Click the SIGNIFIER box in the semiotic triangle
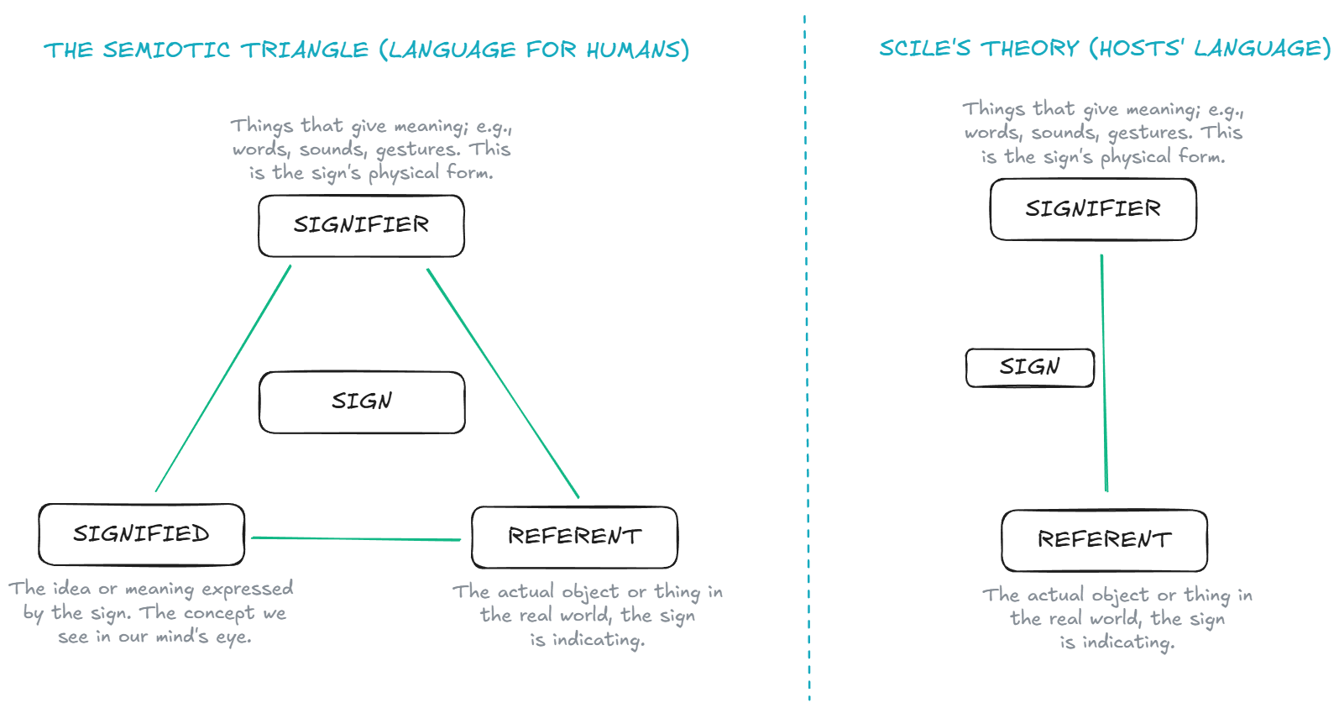(x=361, y=225)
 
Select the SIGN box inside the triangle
(x=361, y=401)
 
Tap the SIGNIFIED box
(x=141, y=534)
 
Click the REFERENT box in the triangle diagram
(x=574, y=537)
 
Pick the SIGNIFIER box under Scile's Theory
(x=1093, y=209)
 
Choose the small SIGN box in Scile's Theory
(x=1029, y=367)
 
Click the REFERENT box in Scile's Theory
(x=1104, y=540)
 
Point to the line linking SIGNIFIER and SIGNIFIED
(x=222, y=379)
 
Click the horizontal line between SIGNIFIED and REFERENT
(x=356, y=538)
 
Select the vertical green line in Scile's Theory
(x=1104, y=374)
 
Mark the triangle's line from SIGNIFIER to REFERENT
(x=503, y=383)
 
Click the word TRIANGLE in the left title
(x=305, y=50)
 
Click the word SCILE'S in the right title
(x=924, y=49)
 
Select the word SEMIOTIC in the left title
(x=166, y=50)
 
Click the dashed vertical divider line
(x=807, y=353)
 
